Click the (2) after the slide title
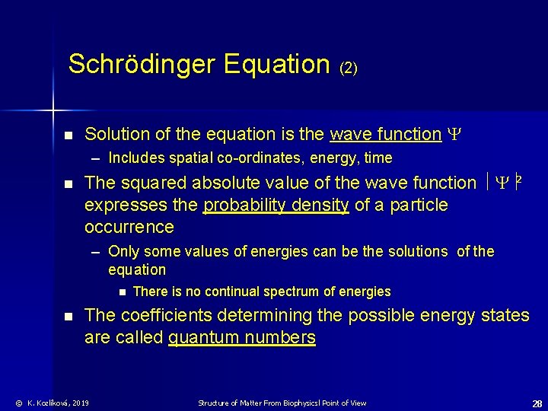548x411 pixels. (349, 68)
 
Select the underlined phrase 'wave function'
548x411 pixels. (385, 135)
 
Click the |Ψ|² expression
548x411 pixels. (503, 183)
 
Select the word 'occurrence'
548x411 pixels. (129, 227)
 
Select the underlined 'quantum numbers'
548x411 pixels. (241, 337)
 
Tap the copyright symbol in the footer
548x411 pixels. (18, 403)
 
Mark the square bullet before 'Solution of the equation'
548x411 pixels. (68, 135)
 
